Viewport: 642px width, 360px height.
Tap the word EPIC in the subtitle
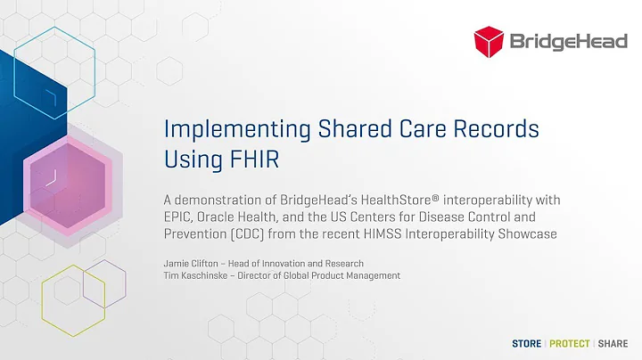(x=182, y=217)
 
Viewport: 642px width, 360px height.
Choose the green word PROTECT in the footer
(x=568, y=343)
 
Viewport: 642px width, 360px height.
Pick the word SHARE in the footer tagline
(x=613, y=343)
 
